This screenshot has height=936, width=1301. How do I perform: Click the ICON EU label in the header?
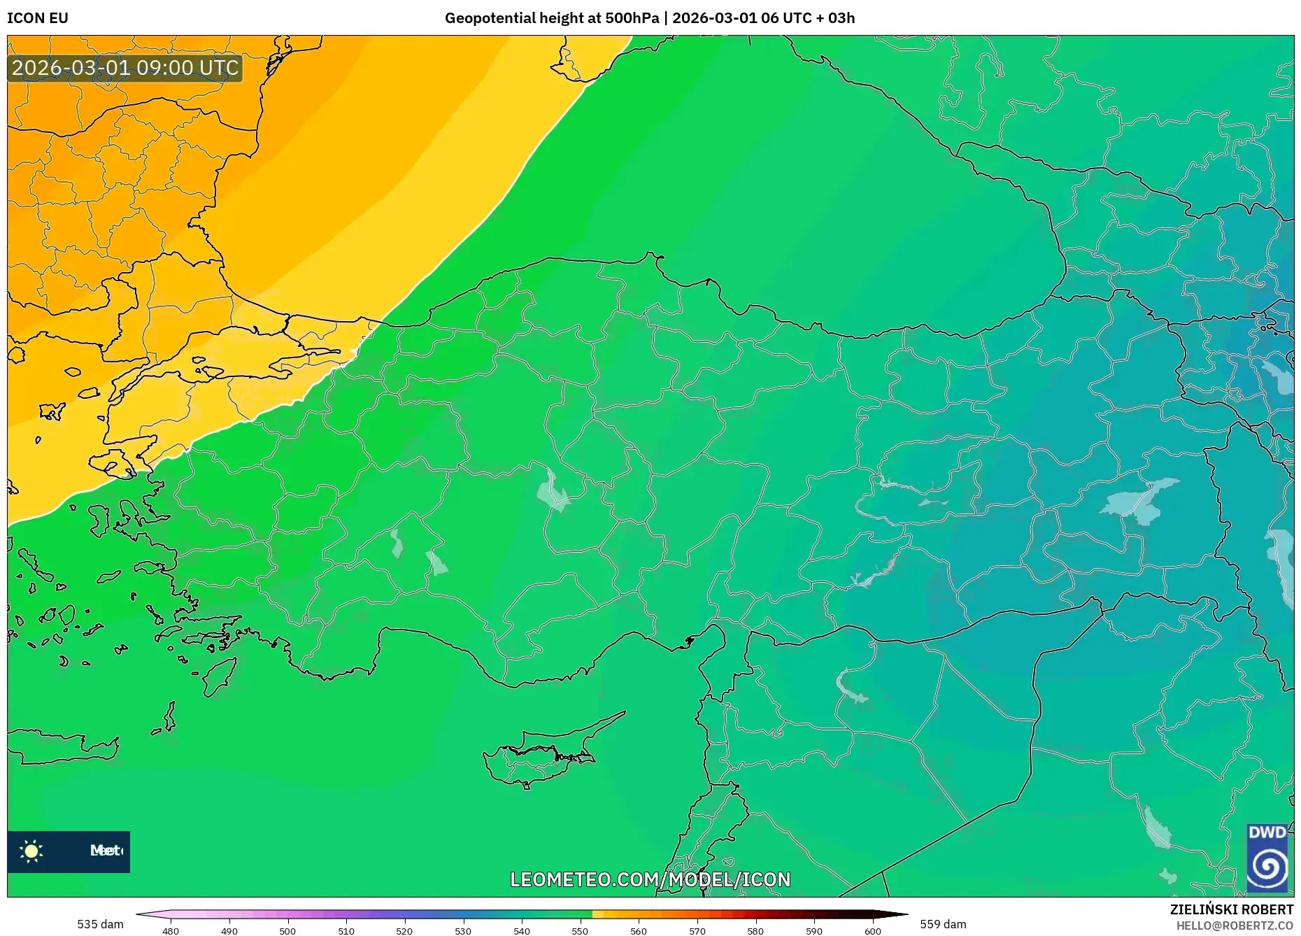point(38,18)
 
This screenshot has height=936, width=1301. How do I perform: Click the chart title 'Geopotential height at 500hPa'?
point(551,18)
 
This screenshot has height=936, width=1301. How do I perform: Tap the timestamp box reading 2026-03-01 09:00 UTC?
point(125,68)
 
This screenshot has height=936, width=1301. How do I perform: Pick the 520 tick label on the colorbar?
point(404,931)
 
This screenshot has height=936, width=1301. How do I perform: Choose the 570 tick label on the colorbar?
point(697,931)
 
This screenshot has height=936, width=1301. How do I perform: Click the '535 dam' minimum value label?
point(100,924)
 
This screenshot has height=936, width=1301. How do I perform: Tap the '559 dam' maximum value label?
point(943,924)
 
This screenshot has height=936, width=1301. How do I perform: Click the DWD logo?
point(1267,858)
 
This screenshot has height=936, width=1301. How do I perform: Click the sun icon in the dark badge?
point(31,851)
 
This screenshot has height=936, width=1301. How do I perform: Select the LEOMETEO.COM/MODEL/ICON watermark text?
point(650,879)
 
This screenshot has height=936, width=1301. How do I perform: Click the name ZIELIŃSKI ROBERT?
point(1231,909)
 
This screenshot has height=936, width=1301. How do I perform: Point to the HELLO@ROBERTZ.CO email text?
point(1235,926)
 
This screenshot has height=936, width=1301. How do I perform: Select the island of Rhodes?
point(217,676)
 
